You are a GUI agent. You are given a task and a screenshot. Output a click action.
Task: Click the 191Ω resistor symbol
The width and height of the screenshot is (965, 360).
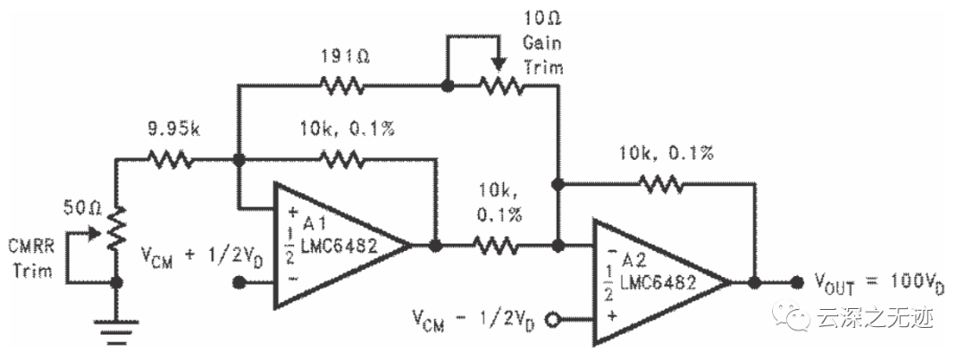pyautogui.click(x=344, y=86)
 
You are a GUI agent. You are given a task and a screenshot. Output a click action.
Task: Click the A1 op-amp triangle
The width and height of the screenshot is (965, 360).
pyautogui.click(x=335, y=244)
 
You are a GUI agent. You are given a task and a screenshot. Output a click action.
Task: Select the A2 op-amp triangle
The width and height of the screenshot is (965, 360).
pyautogui.click(x=657, y=281)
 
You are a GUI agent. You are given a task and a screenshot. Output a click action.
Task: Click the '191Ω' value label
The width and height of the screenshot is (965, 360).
pyautogui.click(x=343, y=55)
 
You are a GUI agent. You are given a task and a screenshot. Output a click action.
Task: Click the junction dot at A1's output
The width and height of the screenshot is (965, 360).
pyautogui.click(x=434, y=244)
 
